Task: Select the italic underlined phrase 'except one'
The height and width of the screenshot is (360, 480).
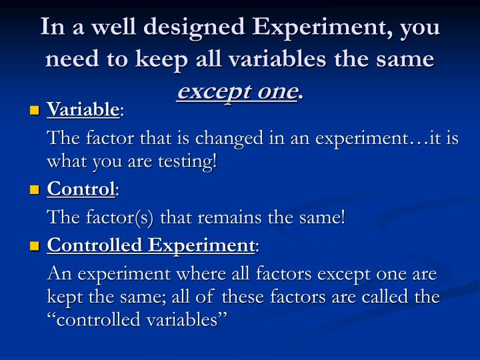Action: (x=237, y=91)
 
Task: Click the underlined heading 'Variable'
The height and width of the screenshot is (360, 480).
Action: (x=83, y=109)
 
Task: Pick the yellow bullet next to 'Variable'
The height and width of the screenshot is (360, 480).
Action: (x=35, y=110)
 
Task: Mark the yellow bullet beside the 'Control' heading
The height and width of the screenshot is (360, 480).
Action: (x=35, y=191)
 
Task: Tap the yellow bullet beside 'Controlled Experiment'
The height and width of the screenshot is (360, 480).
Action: (x=35, y=246)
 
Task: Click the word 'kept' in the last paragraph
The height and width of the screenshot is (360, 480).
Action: (x=62, y=297)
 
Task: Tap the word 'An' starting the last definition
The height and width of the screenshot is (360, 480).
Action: (x=57, y=274)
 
